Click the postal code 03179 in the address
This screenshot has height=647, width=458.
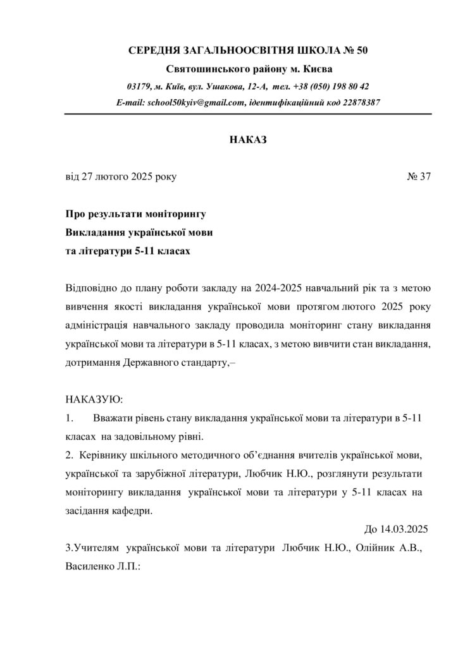(x=138, y=86)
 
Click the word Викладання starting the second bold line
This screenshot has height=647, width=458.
(x=95, y=232)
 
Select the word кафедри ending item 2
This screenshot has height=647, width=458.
(x=133, y=511)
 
